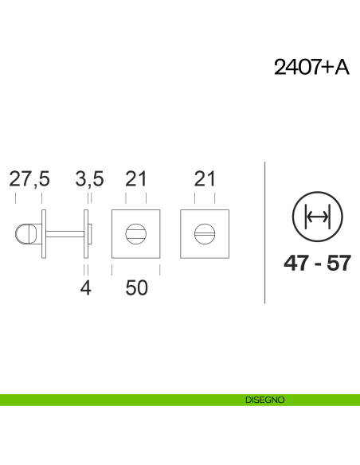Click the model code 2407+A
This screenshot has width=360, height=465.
[x=311, y=68]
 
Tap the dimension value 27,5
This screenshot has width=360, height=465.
[x=29, y=179]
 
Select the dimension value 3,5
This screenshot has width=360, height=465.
[x=89, y=179]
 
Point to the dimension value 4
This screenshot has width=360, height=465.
[x=86, y=287]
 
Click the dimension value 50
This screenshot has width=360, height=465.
[x=137, y=287]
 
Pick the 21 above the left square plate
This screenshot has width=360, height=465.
[x=136, y=179]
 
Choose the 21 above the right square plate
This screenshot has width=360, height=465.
[x=205, y=179]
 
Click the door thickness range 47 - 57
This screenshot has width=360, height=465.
[x=317, y=264]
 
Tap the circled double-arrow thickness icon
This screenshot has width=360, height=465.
[x=317, y=217]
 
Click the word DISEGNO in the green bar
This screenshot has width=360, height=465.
[x=265, y=400]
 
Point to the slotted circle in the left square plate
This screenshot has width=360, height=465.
[x=136, y=233]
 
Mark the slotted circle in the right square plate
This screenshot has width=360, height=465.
[x=205, y=233]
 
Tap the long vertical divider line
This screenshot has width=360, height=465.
[x=264, y=231]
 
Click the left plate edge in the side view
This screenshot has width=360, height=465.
[x=45, y=233]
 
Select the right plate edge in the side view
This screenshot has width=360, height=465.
[x=87, y=233]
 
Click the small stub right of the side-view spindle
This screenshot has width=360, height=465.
[x=92, y=233]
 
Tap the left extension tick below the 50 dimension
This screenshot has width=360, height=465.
[x=112, y=270]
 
